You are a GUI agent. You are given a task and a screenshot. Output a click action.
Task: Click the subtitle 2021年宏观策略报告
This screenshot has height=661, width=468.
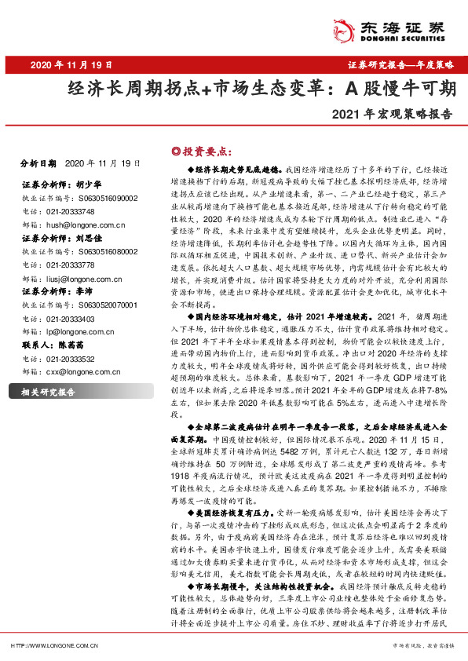click(x=392, y=112)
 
